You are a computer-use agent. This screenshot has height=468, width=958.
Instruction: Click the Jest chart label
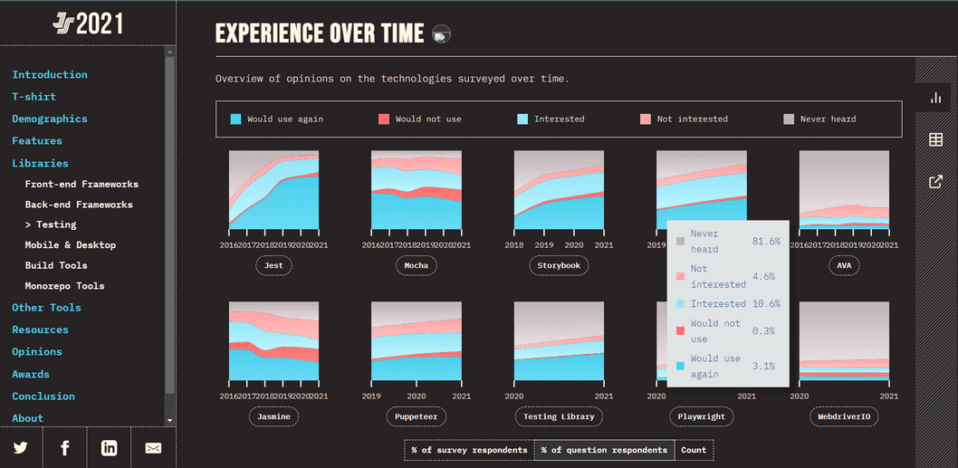[x=273, y=265]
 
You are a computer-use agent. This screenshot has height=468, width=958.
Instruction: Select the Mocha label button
[x=417, y=265]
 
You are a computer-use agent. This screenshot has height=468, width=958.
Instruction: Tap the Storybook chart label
[x=559, y=265]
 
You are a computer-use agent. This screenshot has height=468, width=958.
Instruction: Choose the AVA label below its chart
[x=844, y=265]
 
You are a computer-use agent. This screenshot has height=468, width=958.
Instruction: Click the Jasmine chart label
[x=273, y=416]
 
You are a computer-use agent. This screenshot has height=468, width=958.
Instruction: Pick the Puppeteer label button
[x=417, y=416]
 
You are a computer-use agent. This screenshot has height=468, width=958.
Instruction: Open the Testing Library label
[x=559, y=416]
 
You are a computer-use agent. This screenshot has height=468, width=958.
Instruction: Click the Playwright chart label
[x=701, y=416]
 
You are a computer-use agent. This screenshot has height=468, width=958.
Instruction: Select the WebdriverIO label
[x=844, y=416]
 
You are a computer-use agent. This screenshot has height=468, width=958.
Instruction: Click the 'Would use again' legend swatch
[x=236, y=119]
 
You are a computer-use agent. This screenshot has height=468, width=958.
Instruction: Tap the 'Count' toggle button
[x=694, y=450]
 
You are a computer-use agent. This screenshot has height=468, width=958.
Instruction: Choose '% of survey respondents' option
[x=469, y=450]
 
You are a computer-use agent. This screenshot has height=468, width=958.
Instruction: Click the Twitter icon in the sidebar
[x=21, y=447]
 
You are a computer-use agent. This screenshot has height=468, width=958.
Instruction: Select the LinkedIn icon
[x=109, y=447]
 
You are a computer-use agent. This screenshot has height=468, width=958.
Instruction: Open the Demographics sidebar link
[x=50, y=119]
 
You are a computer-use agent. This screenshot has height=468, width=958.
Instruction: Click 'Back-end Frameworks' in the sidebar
[x=79, y=205]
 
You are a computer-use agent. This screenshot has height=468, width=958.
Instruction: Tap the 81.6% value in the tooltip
[x=766, y=242]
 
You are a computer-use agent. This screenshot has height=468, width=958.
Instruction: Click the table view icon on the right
[x=936, y=139]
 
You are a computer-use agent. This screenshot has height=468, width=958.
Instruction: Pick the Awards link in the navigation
[x=31, y=374]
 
